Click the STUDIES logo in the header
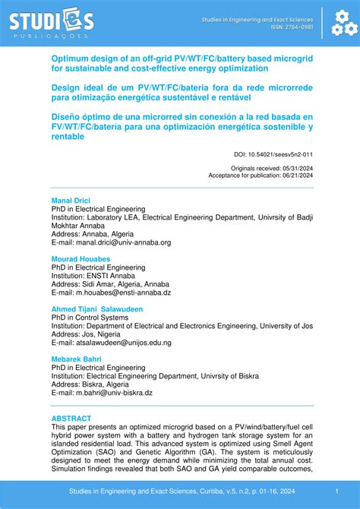pyautogui.click(x=52, y=23)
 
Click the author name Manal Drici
pyautogui.click(x=71, y=201)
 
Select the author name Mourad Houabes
pyautogui.click(x=81, y=259)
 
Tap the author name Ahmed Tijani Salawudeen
pyautogui.click(x=97, y=309)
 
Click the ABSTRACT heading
pyautogui.click(x=71, y=419)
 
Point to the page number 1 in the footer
pyautogui.click(x=336, y=491)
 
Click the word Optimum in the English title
pyautogui.click(x=71, y=57)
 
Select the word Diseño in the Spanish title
pyautogui.click(x=68, y=117)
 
